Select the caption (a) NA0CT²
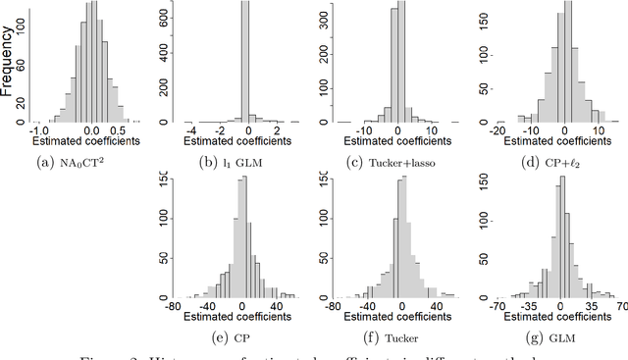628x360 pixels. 87,163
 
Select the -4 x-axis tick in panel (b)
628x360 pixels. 192,129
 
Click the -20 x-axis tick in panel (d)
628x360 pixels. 498,129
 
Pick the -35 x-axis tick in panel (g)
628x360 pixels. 530,305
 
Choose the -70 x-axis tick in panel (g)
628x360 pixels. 497,305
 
